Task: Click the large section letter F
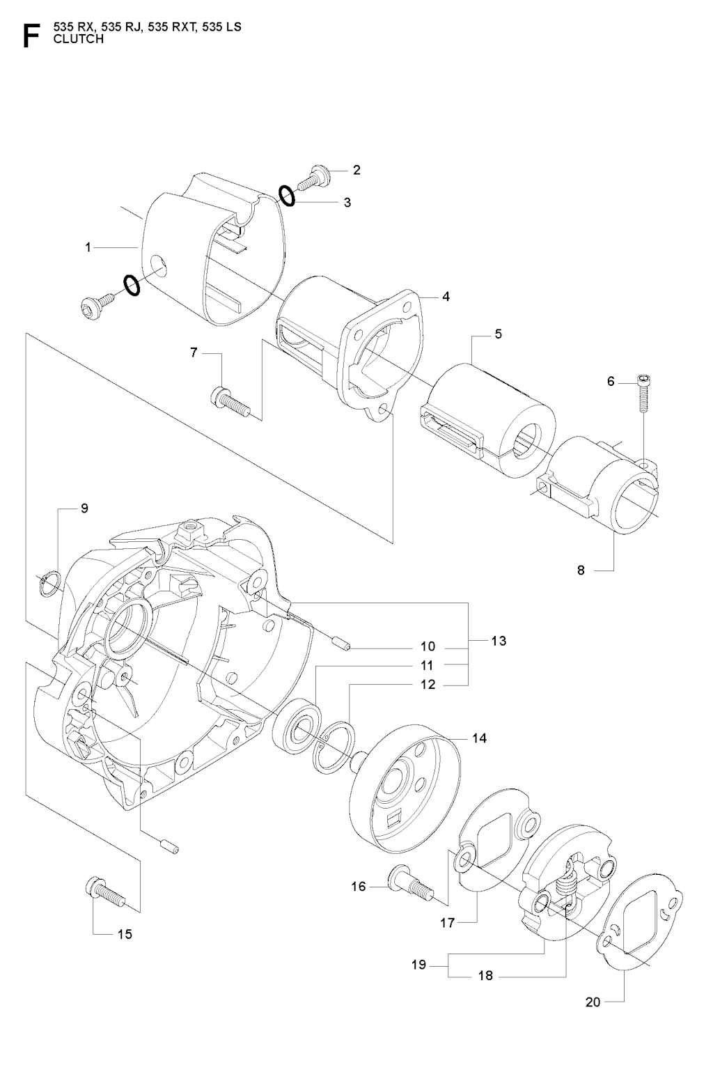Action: [x=30, y=36]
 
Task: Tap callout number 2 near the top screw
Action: [x=356, y=170]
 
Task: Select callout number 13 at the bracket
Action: [x=499, y=640]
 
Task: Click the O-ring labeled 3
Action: [x=287, y=196]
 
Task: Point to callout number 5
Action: [x=499, y=334]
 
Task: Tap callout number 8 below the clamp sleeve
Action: [x=581, y=570]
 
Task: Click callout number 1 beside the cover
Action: [x=88, y=247]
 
